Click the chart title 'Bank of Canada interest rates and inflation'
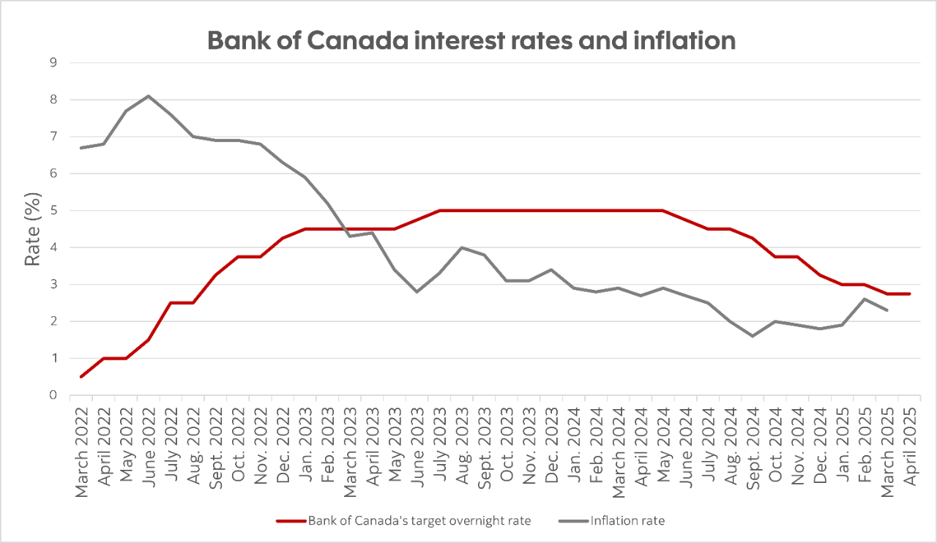point(471,40)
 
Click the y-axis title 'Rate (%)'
point(32,229)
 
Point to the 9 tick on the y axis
point(53,63)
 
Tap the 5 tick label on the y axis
point(53,211)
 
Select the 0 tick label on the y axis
point(53,395)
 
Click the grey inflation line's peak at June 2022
point(149,96)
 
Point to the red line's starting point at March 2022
point(81,377)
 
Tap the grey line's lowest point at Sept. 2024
point(753,336)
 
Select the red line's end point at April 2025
point(909,293)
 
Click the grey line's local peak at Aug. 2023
point(461,247)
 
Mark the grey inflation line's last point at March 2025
point(887,310)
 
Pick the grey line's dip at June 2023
point(417,292)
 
